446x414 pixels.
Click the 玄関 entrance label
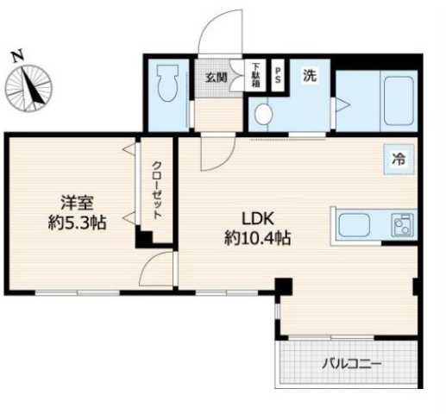point(216,77)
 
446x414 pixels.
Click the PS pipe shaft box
point(278,71)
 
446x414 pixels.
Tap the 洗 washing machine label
point(309,75)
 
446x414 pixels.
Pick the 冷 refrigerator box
point(399,160)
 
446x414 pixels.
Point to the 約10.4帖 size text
point(256,238)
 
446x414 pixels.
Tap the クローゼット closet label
point(157,191)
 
